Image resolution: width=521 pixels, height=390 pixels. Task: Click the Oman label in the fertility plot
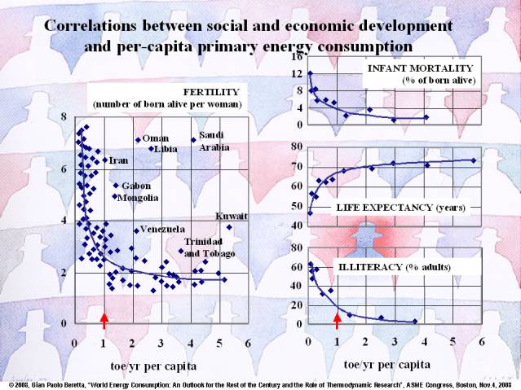[x=156, y=138]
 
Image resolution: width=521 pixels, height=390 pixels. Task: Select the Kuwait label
[x=231, y=216]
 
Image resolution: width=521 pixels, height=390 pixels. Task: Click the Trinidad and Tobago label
[x=210, y=248]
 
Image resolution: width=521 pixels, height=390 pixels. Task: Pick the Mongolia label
[x=138, y=197]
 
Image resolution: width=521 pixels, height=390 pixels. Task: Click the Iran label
[x=118, y=160]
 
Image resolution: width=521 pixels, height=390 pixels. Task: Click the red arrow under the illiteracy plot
[x=337, y=319]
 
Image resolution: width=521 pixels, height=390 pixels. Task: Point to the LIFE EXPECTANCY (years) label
[x=400, y=208]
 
